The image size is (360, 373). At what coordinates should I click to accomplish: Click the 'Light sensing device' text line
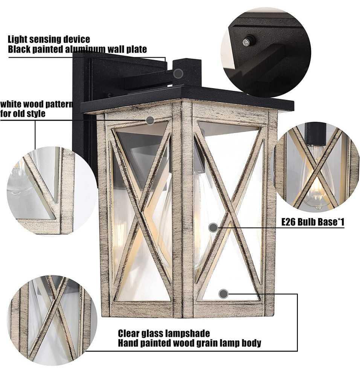(49, 39)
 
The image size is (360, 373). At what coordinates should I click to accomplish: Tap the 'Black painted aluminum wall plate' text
(77, 49)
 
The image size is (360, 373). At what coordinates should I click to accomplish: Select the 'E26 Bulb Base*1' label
(313, 222)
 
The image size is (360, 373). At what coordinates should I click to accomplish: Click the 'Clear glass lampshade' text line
(164, 333)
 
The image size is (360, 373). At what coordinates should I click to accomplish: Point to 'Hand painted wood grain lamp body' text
(189, 343)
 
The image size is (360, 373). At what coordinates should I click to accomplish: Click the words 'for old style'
(23, 113)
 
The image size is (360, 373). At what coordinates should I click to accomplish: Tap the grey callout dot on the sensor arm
(178, 74)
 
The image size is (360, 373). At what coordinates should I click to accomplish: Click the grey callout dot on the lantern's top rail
(150, 120)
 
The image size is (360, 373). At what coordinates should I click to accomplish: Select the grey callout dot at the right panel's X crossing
(213, 228)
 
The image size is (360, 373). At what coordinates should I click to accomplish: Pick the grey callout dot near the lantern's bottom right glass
(223, 294)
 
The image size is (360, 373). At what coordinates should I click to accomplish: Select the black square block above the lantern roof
(187, 72)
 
